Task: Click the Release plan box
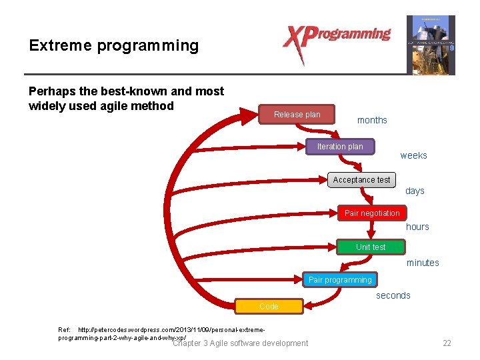pyautogui.click(x=297, y=115)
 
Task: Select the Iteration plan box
pyautogui.click(x=340, y=147)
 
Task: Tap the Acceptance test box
pyautogui.click(x=362, y=180)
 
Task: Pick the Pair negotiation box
pyautogui.click(x=372, y=213)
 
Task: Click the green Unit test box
pyautogui.click(x=371, y=247)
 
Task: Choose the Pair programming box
pyautogui.click(x=340, y=280)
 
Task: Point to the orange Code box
pyautogui.click(x=269, y=307)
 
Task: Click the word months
pyautogui.click(x=372, y=121)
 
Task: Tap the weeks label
pyautogui.click(x=413, y=156)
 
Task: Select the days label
pyautogui.click(x=415, y=191)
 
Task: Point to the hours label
pyautogui.click(x=417, y=227)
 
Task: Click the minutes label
pyautogui.click(x=423, y=263)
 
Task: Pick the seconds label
pyautogui.click(x=393, y=296)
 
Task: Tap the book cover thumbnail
pyautogui.click(x=431, y=45)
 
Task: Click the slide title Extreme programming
pyautogui.click(x=114, y=46)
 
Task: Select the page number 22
pyautogui.click(x=447, y=343)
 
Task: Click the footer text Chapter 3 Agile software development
pyautogui.click(x=240, y=343)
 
